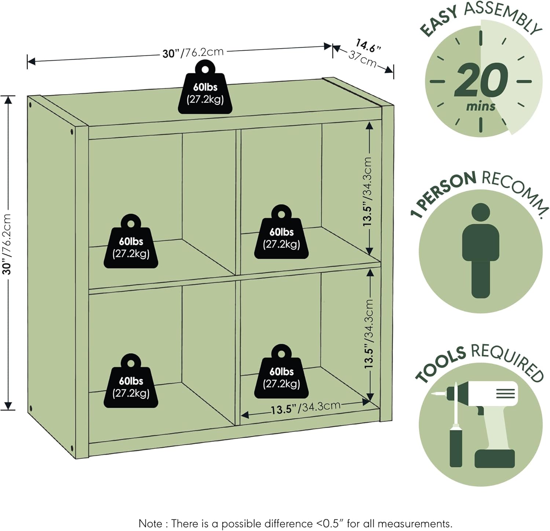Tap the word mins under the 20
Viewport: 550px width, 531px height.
[x=481, y=107]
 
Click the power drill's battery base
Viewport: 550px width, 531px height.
[x=495, y=458]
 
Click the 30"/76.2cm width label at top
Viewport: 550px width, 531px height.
[x=193, y=53]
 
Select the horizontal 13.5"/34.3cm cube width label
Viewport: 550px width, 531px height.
[x=305, y=408]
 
